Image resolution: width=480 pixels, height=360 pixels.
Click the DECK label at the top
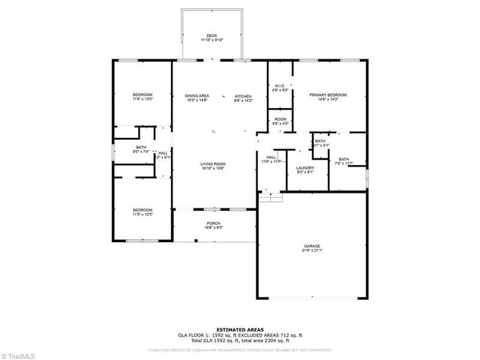coord(212,35)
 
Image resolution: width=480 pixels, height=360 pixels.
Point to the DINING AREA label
coord(197,97)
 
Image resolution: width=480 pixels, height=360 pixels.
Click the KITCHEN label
coord(243,97)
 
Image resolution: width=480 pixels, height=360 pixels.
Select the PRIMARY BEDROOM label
coord(328,95)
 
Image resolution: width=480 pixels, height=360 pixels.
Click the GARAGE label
coord(312,246)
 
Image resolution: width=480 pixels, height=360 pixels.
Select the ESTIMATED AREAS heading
coord(239,329)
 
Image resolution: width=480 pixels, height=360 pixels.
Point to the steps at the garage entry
coord(271,196)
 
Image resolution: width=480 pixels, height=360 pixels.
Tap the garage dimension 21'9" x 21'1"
coord(312,250)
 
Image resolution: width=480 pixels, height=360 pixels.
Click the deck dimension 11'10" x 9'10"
coord(212,40)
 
